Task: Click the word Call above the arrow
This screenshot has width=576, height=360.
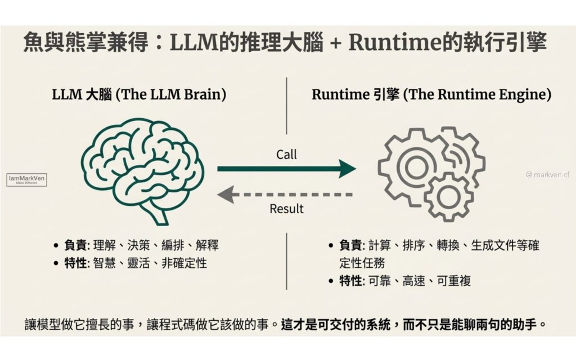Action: (x=286, y=154)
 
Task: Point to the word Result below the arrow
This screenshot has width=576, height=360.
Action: (x=286, y=209)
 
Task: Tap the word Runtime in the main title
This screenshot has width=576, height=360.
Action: (x=388, y=43)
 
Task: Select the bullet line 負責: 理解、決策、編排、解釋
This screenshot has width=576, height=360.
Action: (x=136, y=245)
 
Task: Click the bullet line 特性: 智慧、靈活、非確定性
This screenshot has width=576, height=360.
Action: (x=130, y=263)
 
